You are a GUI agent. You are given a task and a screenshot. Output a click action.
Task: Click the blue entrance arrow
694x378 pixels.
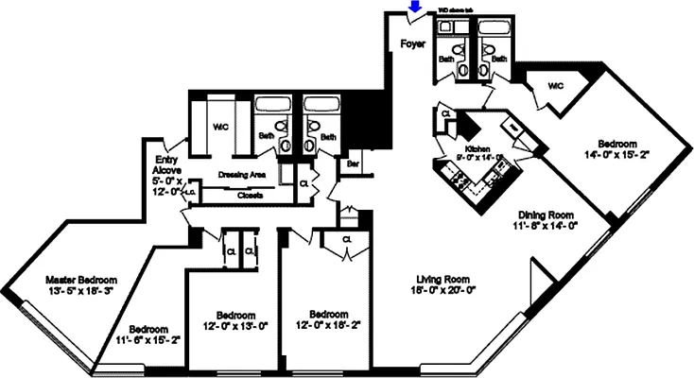coord(412,9)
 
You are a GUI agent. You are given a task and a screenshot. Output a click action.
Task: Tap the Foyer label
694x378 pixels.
coord(412,43)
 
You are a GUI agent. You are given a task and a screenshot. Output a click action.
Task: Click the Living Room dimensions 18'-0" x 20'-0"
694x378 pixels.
coord(442,291)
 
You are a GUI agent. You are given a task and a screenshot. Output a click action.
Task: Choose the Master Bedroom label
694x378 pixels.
coord(82,281)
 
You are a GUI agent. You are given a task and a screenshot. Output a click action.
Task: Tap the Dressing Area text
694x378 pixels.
coord(241,175)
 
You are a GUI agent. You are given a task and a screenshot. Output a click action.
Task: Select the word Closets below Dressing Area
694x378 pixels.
coord(250,196)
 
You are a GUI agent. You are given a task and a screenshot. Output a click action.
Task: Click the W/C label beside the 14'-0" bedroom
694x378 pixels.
coord(555,86)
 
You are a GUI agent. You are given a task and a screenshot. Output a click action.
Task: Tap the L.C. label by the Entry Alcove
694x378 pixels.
coord(189,193)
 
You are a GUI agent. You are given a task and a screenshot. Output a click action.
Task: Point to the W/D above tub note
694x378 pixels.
coord(461,13)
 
